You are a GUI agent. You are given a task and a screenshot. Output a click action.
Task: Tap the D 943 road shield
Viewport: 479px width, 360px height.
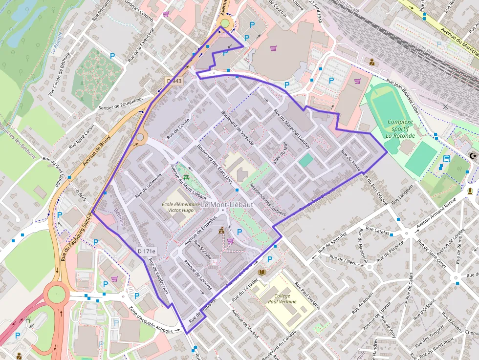coord(174,81)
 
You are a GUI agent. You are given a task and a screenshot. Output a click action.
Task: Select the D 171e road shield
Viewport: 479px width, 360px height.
coord(146,251)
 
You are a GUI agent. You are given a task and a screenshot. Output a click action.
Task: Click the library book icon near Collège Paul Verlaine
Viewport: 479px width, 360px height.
coord(262,272)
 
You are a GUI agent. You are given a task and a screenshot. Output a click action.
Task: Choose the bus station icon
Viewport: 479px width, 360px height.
coord(446,158)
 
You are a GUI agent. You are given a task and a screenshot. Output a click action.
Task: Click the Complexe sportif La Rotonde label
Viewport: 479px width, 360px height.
coord(400,128)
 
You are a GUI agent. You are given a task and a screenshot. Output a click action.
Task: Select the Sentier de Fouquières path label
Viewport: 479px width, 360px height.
coord(120,106)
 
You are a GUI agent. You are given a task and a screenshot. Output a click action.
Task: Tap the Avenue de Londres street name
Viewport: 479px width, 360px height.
coord(197,275)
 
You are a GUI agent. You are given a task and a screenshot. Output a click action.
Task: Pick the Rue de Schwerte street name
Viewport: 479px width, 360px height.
coord(148,186)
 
